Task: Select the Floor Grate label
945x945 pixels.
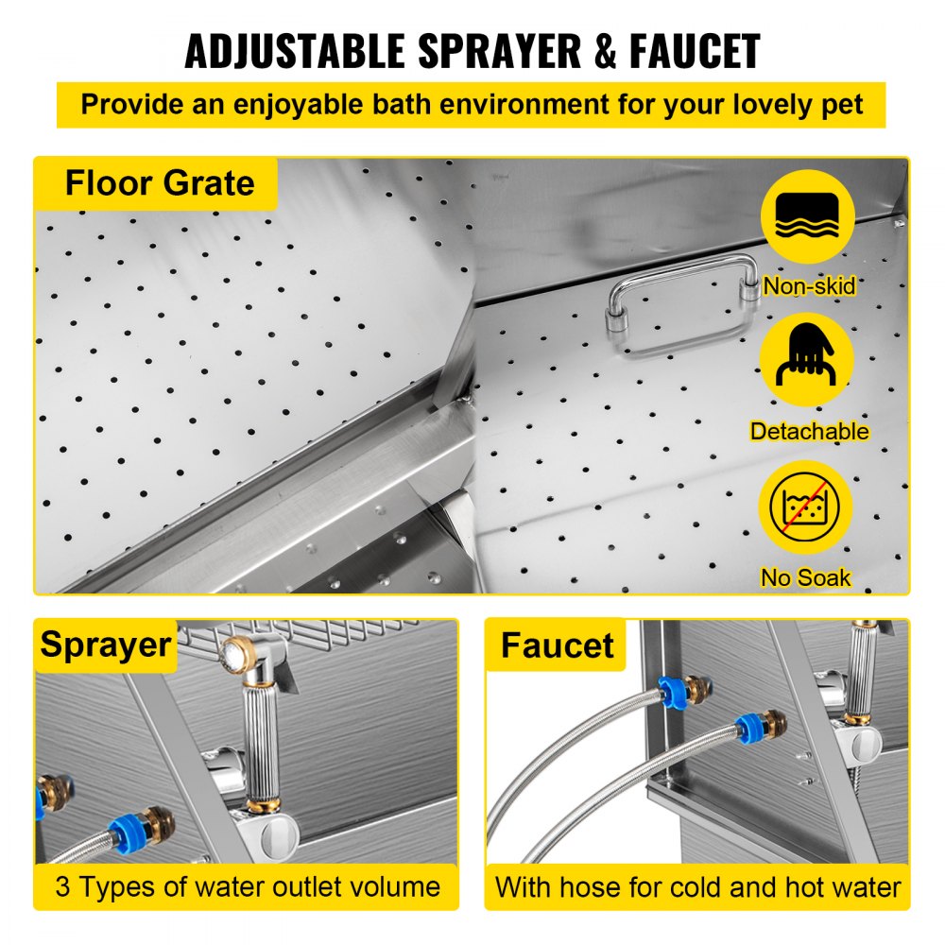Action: point(159,182)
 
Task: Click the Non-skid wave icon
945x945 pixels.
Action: point(806,216)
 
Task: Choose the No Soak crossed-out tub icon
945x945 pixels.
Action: point(806,507)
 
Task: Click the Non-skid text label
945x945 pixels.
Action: point(809,285)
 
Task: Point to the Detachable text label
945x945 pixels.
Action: point(809,432)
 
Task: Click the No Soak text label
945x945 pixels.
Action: point(806,577)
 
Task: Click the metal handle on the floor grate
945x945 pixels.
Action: point(683,304)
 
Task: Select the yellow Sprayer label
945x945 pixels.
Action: point(105,645)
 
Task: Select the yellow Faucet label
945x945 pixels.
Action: point(557,645)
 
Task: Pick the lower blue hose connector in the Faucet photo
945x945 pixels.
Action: point(752,729)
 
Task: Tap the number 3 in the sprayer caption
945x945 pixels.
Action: point(62,886)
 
